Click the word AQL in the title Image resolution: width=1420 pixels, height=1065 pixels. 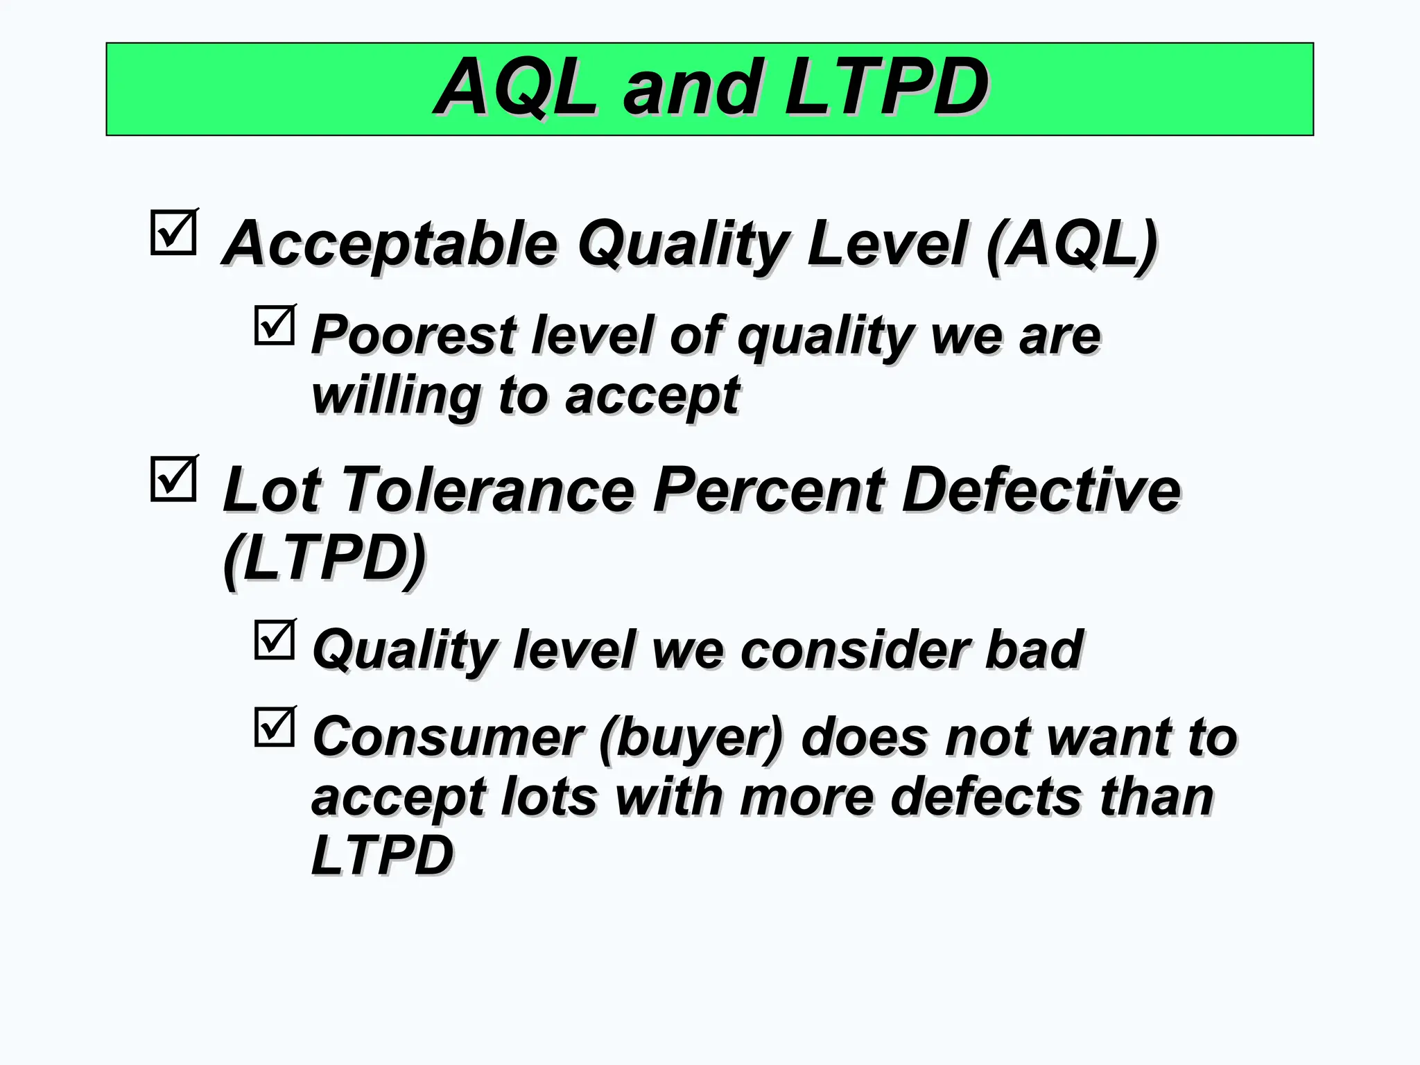tap(517, 87)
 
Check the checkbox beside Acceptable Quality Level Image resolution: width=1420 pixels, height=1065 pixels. tap(173, 233)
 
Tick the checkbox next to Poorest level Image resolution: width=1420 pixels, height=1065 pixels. tap(275, 325)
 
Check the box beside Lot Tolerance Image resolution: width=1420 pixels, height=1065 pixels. tap(173, 479)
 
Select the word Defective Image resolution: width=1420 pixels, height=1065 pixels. tap(1041, 490)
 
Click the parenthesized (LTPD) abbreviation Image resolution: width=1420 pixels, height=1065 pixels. tap(324, 558)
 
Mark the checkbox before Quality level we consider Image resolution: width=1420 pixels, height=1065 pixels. tap(275, 640)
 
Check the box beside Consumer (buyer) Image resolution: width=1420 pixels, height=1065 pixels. tap(275, 727)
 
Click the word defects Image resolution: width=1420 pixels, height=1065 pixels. tap(985, 797)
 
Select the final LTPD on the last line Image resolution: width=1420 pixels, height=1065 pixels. tap(382, 856)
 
